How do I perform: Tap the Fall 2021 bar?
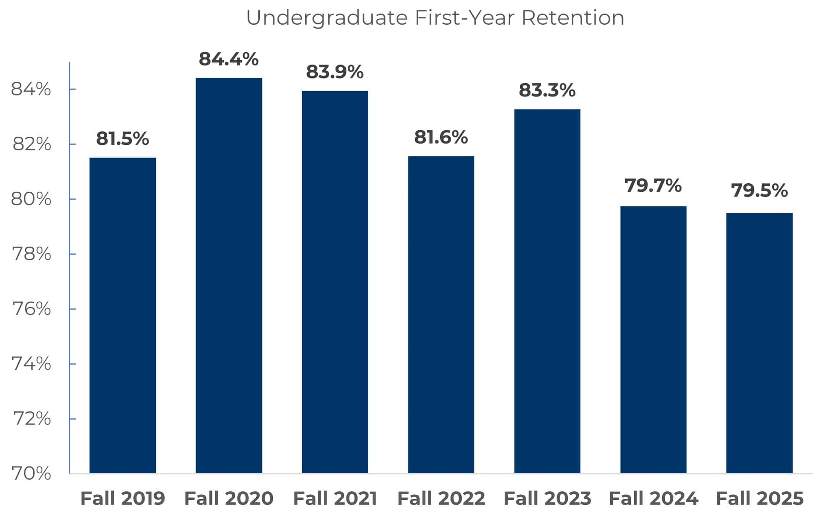point(335,282)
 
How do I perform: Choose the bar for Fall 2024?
point(653,340)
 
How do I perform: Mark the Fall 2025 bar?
point(759,343)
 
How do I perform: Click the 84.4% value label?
point(228,59)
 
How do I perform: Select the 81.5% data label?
point(122,139)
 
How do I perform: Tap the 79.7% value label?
point(653,186)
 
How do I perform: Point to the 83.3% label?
point(547,90)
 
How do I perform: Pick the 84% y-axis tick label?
point(31,89)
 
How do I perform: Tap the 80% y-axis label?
point(31,199)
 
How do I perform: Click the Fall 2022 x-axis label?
point(441,498)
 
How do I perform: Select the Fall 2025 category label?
point(760,498)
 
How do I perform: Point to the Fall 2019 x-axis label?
point(123,498)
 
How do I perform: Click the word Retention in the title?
point(573,18)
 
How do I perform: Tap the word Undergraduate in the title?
point(327,18)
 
